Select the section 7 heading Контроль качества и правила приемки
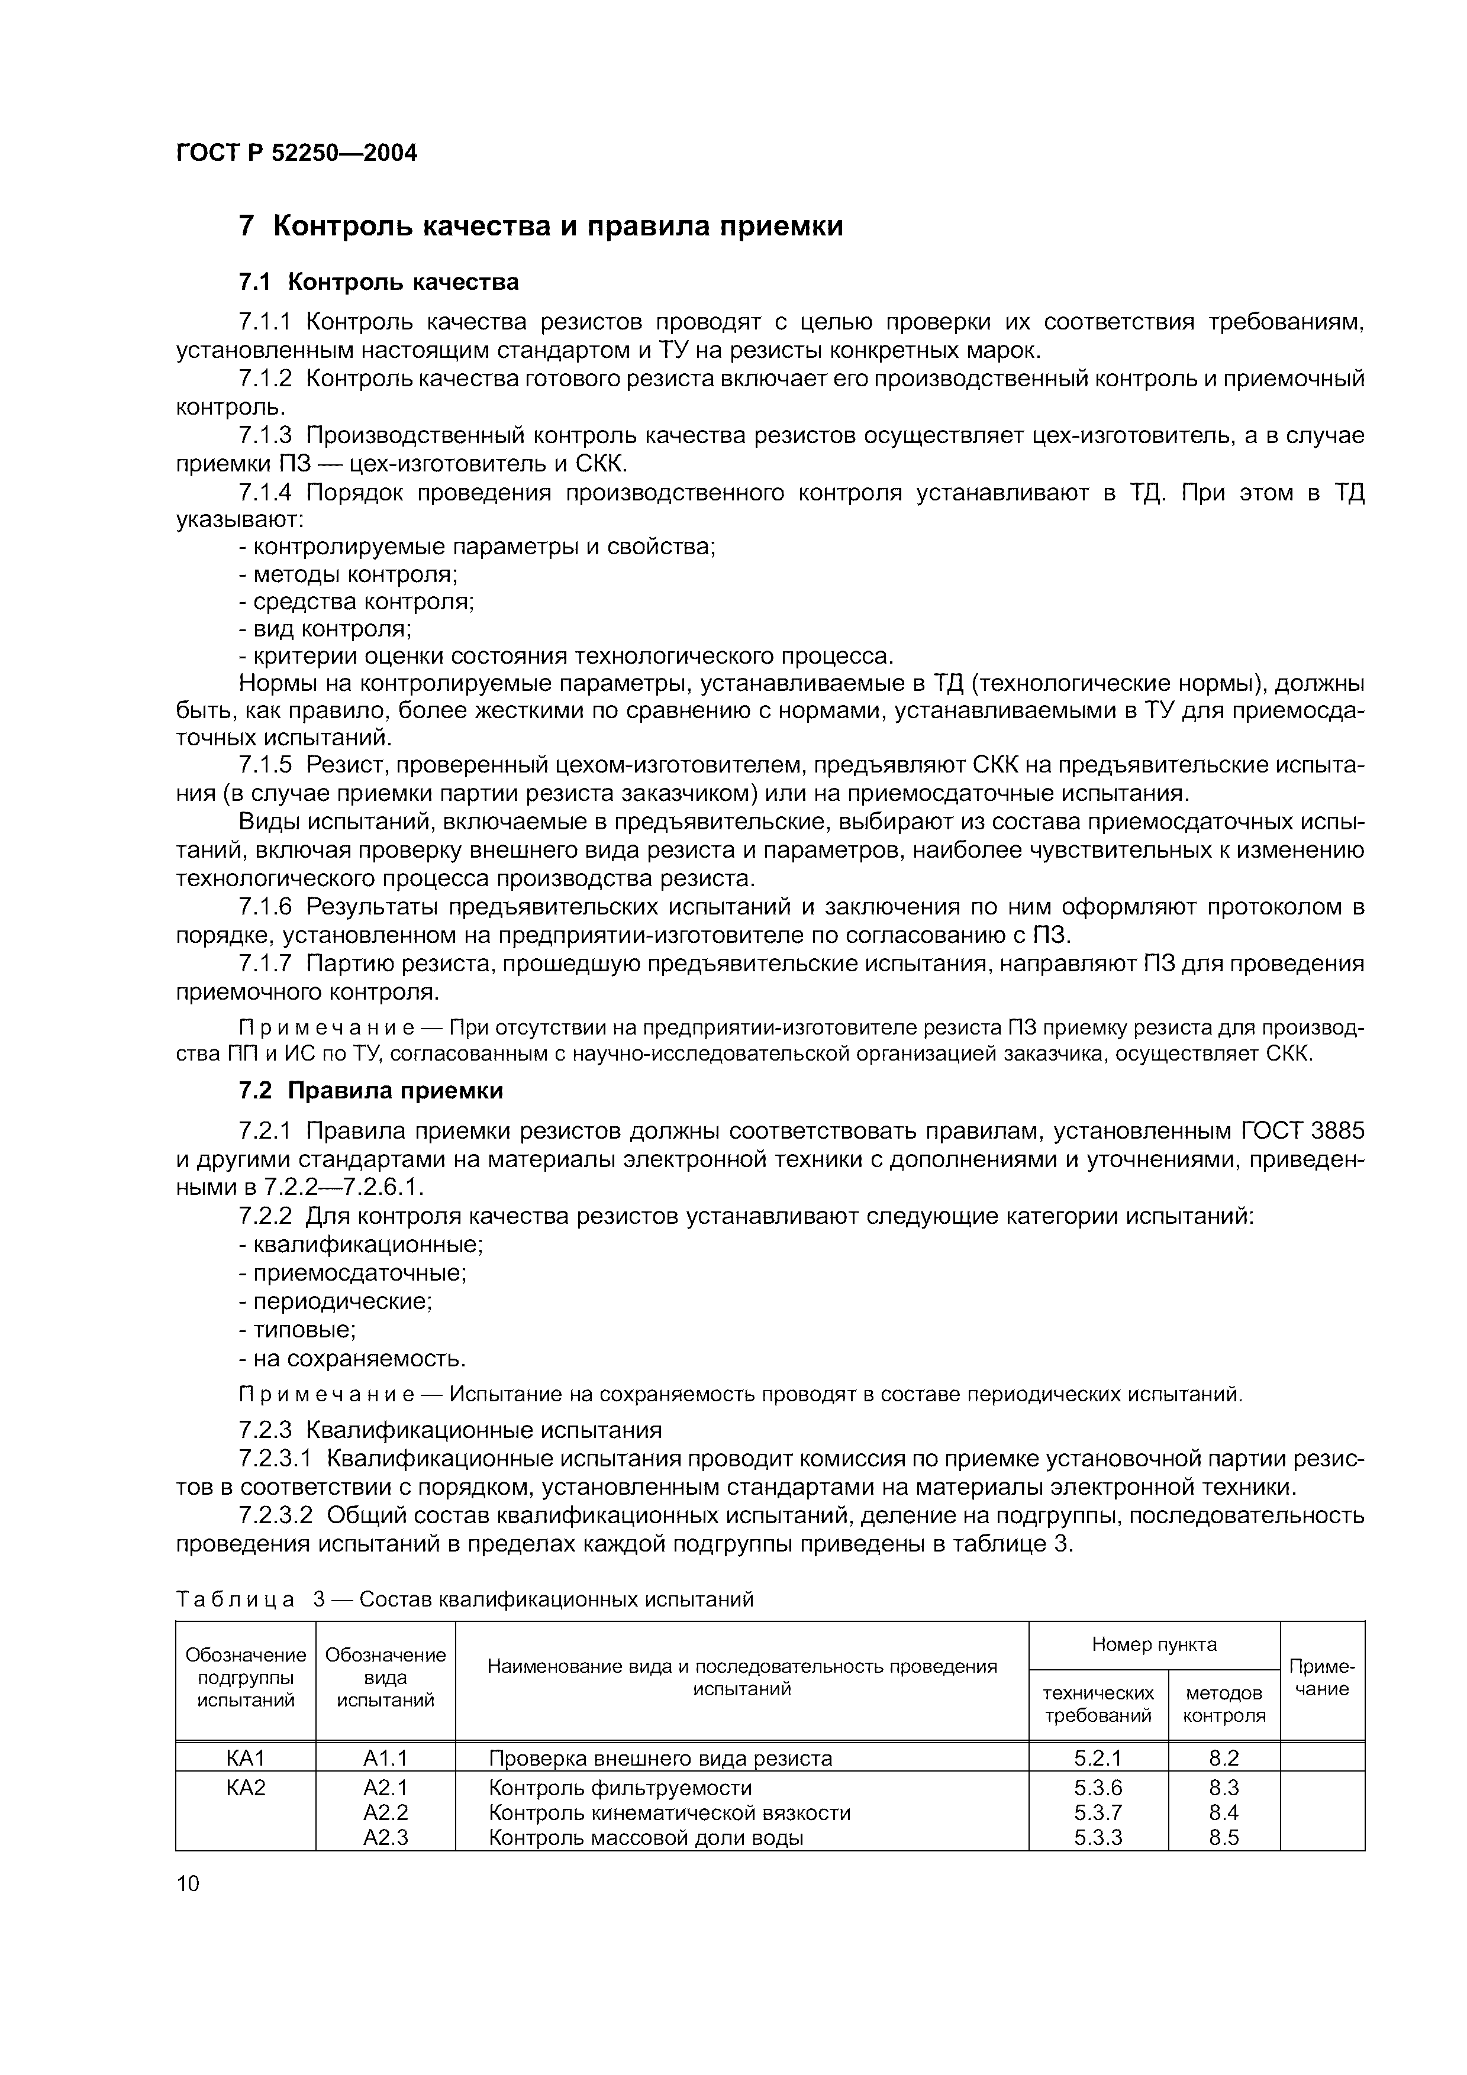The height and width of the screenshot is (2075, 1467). coord(540,226)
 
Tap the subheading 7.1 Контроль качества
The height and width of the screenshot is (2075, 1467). coord(379,283)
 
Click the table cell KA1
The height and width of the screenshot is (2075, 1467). coord(245,1758)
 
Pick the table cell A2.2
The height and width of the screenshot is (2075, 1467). coord(385,1812)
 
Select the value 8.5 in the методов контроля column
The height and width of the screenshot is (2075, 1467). coord(1223,1837)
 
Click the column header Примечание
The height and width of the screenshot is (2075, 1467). coord(1321,1678)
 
